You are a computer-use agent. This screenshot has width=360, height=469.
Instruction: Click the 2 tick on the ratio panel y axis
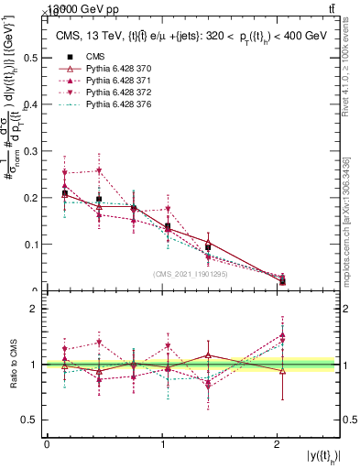[x=35, y=309]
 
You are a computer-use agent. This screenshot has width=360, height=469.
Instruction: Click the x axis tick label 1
[x=162, y=444]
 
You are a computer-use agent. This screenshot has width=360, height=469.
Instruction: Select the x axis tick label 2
[x=278, y=444]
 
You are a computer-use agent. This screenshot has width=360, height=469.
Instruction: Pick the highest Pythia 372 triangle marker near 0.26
[x=99, y=170]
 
